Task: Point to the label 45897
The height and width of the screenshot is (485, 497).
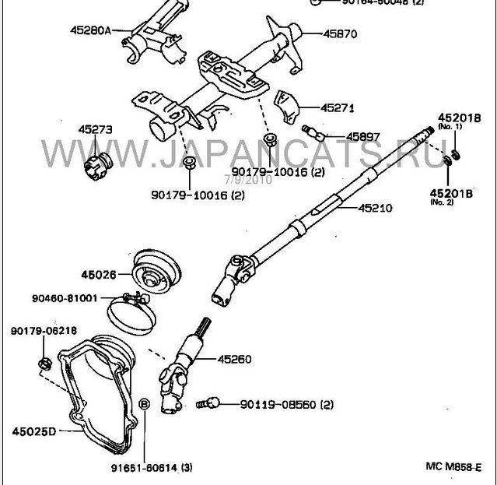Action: pos(363,137)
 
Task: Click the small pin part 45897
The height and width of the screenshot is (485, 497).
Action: pos(310,131)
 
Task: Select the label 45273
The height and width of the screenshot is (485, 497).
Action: pos(94,129)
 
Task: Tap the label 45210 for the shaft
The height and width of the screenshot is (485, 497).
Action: pos(375,209)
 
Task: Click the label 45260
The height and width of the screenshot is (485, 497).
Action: pos(235,359)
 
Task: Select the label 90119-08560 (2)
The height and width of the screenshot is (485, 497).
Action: pos(286,405)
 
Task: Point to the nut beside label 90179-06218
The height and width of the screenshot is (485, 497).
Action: pos(45,362)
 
